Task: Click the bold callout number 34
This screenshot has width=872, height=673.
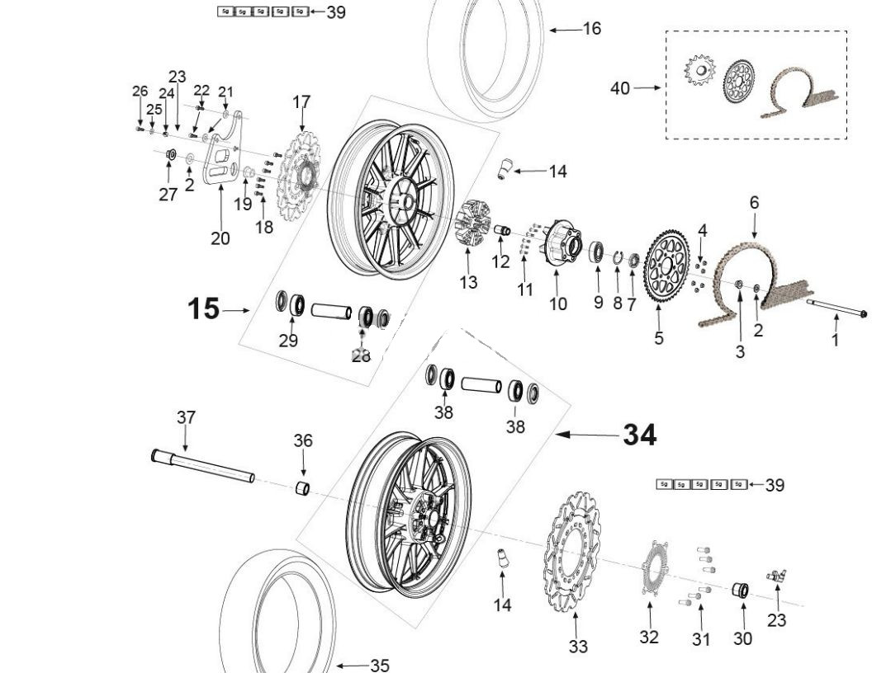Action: coord(639,434)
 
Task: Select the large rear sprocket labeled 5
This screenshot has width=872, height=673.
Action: coord(666,269)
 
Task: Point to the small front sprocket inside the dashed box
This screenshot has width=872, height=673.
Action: coord(700,71)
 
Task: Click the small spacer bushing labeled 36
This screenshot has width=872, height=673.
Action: coord(303,488)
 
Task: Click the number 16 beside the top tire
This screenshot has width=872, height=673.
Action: coord(592,29)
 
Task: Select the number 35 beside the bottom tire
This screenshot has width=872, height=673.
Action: coord(379,665)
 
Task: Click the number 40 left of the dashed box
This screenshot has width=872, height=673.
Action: coord(620,87)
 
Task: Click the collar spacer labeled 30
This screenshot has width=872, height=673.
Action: coord(741,591)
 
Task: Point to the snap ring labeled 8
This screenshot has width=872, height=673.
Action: coord(618,258)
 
